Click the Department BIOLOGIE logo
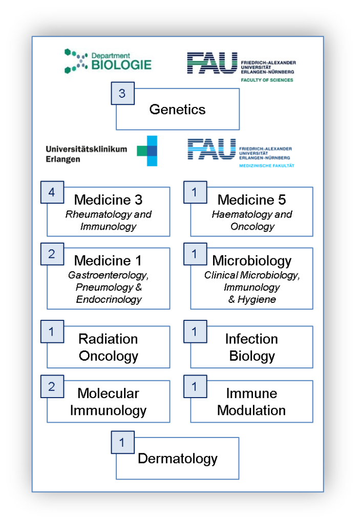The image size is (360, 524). pyautogui.click(x=108, y=61)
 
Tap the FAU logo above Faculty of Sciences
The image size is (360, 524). pyautogui.click(x=212, y=63)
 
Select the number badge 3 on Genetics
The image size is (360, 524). pyautogui.click(x=123, y=93)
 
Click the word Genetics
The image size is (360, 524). pyautogui.click(x=177, y=110)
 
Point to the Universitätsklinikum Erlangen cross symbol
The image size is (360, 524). pyautogui.click(x=147, y=151)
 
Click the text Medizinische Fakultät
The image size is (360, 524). pyautogui.click(x=267, y=166)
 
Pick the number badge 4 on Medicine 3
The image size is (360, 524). pyautogui.click(x=52, y=192)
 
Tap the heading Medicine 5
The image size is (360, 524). pyautogui.click(x=251, y=200)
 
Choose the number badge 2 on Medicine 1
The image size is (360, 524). pyautogui.click(x=52, y=254)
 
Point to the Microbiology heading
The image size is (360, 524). pyautogui.click(x=251, y=260)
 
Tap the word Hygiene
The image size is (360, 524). pyautogui.click(x=257, y=299)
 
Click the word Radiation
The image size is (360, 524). pyautogui.click(x=108, y=339)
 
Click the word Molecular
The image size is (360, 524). pyautogui.click(x=108, y=394)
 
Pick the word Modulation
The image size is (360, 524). pyautogui.click(x=251, y=410)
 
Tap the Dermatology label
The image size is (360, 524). pyautogui.click(x=178, y=459)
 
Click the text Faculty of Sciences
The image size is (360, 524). pyautogui.click(x=267, y=80)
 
